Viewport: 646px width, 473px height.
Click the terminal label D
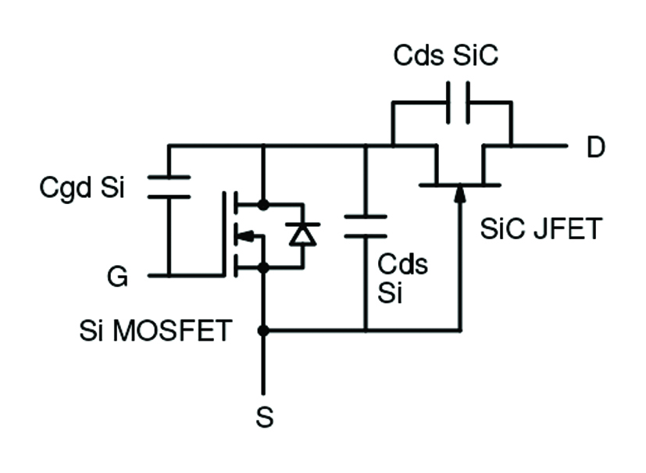595,148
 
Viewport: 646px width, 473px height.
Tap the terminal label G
118,277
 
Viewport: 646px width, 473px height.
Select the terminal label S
265,418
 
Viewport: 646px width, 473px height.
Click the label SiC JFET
541,229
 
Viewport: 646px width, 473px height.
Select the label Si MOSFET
155,331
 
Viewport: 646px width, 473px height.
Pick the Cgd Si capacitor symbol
169,187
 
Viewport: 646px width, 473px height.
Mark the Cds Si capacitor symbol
365,226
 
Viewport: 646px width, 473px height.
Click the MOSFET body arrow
246,236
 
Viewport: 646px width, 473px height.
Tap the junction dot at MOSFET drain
263,205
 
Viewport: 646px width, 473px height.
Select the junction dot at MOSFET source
263,267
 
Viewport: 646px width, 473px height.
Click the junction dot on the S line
263,331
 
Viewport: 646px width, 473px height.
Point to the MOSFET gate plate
224,235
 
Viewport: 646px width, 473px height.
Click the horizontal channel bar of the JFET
459,185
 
